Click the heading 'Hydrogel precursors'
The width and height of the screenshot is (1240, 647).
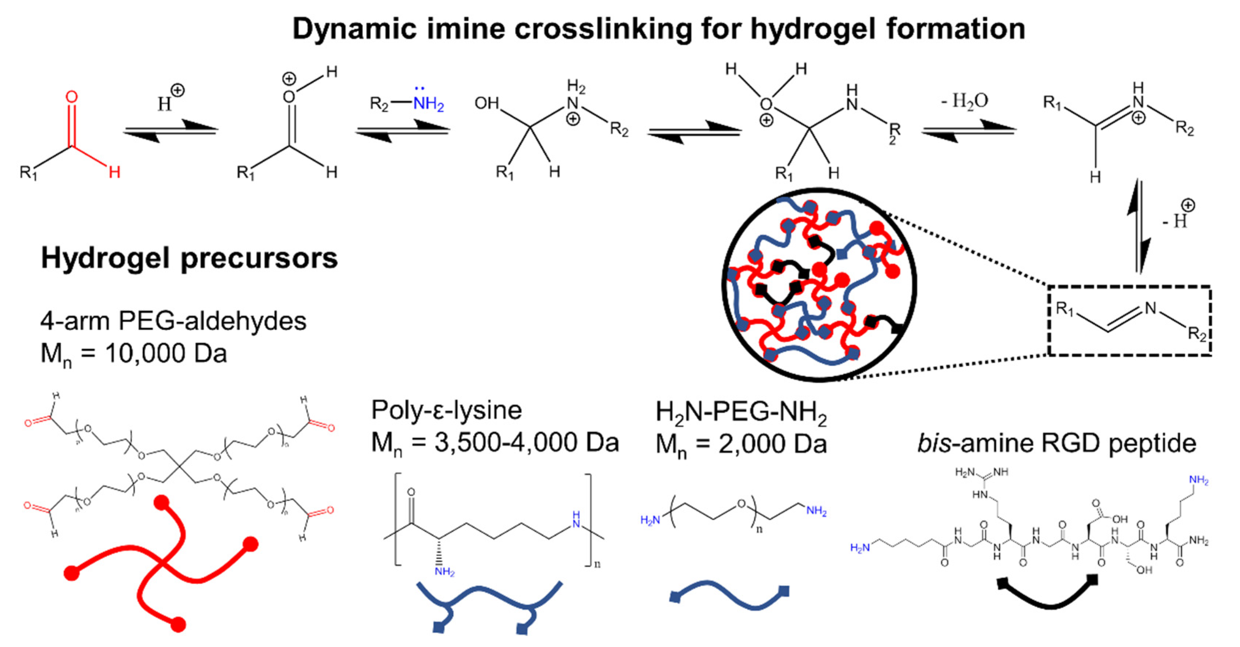pos(189,259)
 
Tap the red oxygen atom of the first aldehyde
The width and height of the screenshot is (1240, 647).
pos(71,97)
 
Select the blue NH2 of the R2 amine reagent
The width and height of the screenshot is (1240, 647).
pos(429,104)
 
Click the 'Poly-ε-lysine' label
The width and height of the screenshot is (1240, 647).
pos(446,410)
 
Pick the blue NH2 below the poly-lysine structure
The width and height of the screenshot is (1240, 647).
pos(444,572)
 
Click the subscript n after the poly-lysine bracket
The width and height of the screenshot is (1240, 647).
pos(597,564)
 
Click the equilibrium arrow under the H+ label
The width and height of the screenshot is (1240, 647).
pos(170,130)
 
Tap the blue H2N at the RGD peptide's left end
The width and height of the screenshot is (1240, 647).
pos(860,547)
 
